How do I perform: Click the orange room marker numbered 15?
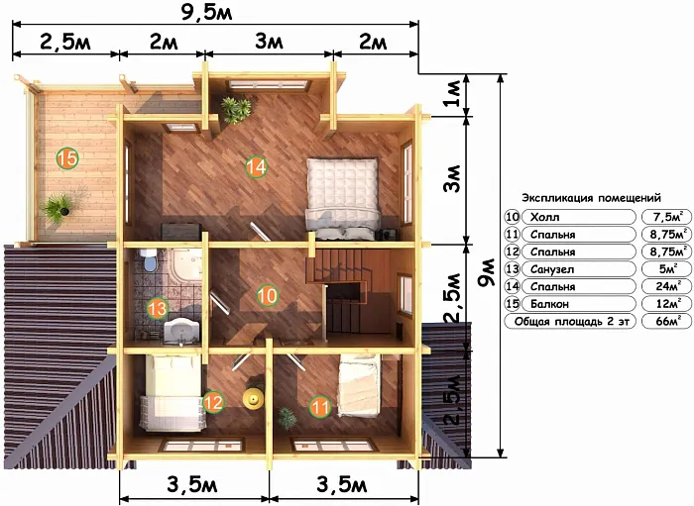coord(67,158)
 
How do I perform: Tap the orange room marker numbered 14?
coord(256,167)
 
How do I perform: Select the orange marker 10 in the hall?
coord(268,295)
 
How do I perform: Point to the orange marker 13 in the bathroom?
coord(158,308)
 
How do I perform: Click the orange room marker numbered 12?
coord(213,402)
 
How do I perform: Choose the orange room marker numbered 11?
coord(320,407)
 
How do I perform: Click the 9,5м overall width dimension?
coord(206,13)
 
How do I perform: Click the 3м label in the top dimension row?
coord(269,43)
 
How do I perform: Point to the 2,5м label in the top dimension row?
coord(65,43)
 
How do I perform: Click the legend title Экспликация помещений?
coord(591,197)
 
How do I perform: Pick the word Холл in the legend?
coord(545,217)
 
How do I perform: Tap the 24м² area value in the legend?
coord(668,286)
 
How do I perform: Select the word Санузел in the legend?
coord(552,269)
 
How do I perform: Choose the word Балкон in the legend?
coord(549,304)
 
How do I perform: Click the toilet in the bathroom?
coord(148,259)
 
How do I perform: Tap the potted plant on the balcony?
coord(59,208)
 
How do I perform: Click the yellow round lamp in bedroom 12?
coord(253,398)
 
